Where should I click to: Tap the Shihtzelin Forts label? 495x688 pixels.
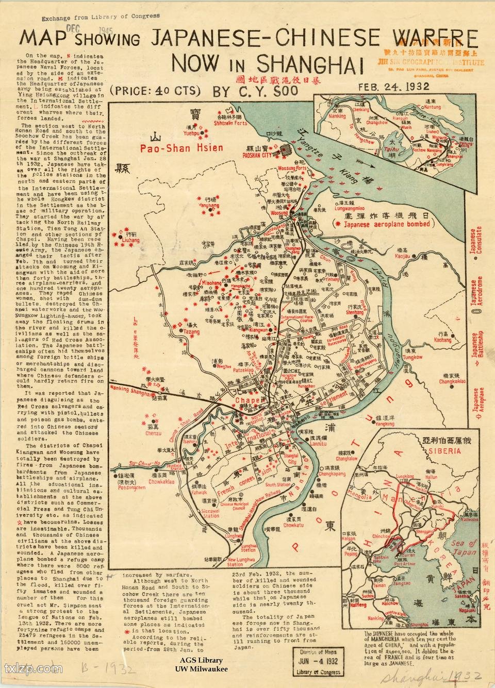click(x=230, y=123)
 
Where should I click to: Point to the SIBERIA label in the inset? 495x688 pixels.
click(x=447, y=450)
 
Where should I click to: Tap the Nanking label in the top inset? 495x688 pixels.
click(x=337, y=116)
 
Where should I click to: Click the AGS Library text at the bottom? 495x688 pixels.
click(x=201, y=660)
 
